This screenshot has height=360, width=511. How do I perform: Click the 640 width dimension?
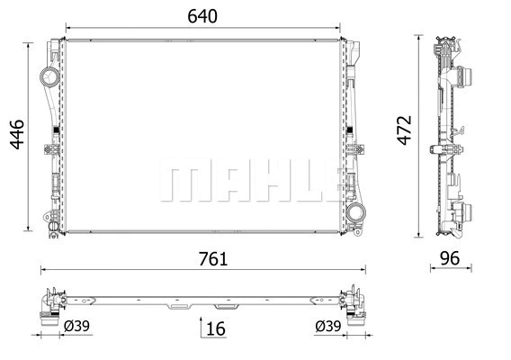pos(202,16)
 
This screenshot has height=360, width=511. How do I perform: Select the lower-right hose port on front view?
pos(357,216)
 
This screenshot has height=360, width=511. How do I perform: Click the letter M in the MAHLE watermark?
pos(180,183)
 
